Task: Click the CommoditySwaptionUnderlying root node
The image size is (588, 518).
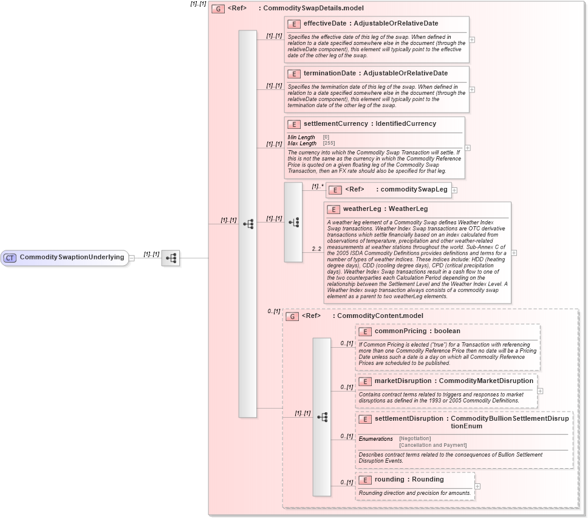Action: [x=65, y=257]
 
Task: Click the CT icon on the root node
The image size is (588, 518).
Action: [x=10, y=257]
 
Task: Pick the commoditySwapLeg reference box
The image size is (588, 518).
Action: [x=388, y=189]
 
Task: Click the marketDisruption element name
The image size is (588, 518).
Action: [x=403, y=381]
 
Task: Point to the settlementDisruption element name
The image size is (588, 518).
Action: [x=409, y=418]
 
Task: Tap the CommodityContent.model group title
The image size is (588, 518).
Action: [x=380, y=316]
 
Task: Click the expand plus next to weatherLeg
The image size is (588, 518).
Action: [x=514, y=252]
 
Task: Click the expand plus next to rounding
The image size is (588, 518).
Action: [x=477, y=486]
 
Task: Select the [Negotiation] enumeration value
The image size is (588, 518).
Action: [x=415, y=438]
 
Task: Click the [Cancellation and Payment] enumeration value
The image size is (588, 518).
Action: [x=432, y=445]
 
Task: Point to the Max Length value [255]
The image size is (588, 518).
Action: [x=329, y=143]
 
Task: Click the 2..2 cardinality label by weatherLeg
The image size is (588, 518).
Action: [x=316, y=249]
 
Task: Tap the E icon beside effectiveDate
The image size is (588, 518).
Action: [x=294, y=24]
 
